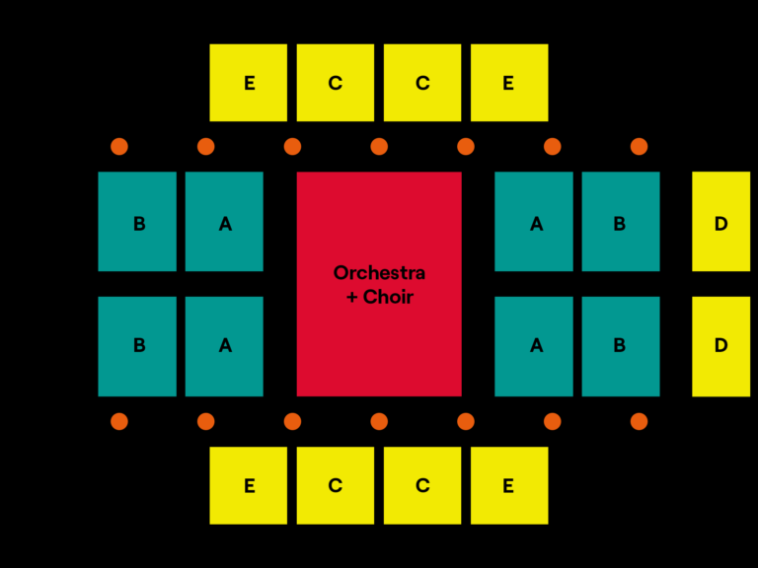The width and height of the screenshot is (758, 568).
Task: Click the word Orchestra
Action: pyautogui.click(x=379, y=273)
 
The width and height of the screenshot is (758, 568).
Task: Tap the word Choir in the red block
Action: pyautogui.click(x=388, y=297)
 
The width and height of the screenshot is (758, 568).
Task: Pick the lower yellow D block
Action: pyautogui.click(x=720, y=346)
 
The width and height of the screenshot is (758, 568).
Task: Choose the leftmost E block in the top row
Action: pyautogui.click(x=249, y=83)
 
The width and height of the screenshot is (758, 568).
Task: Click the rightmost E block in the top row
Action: pyautogui.click(x=508, y=83)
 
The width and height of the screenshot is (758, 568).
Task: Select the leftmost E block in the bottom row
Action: pyautogui.click(x=249, y=485)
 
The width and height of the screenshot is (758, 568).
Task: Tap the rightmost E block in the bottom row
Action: pyautogui.click(x=508, y=485)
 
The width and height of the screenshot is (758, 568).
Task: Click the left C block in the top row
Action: pyautogui.click(x=336, y=83)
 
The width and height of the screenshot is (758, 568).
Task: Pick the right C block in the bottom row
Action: pyautogui.click(x=422, y=485)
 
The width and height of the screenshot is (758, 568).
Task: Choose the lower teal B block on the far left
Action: pyautogui.click(x=137, y=346)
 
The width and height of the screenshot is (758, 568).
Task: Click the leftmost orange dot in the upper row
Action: pyautogui.click(x=119, y=147)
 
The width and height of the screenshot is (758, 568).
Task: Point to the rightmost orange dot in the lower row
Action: pyautogui.click(x=639, y=421)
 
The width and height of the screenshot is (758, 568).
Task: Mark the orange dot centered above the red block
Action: pyautogui.click(x=379, y=147)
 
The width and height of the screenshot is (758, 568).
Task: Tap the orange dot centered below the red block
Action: pyautogui.click(x=379, y=421)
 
